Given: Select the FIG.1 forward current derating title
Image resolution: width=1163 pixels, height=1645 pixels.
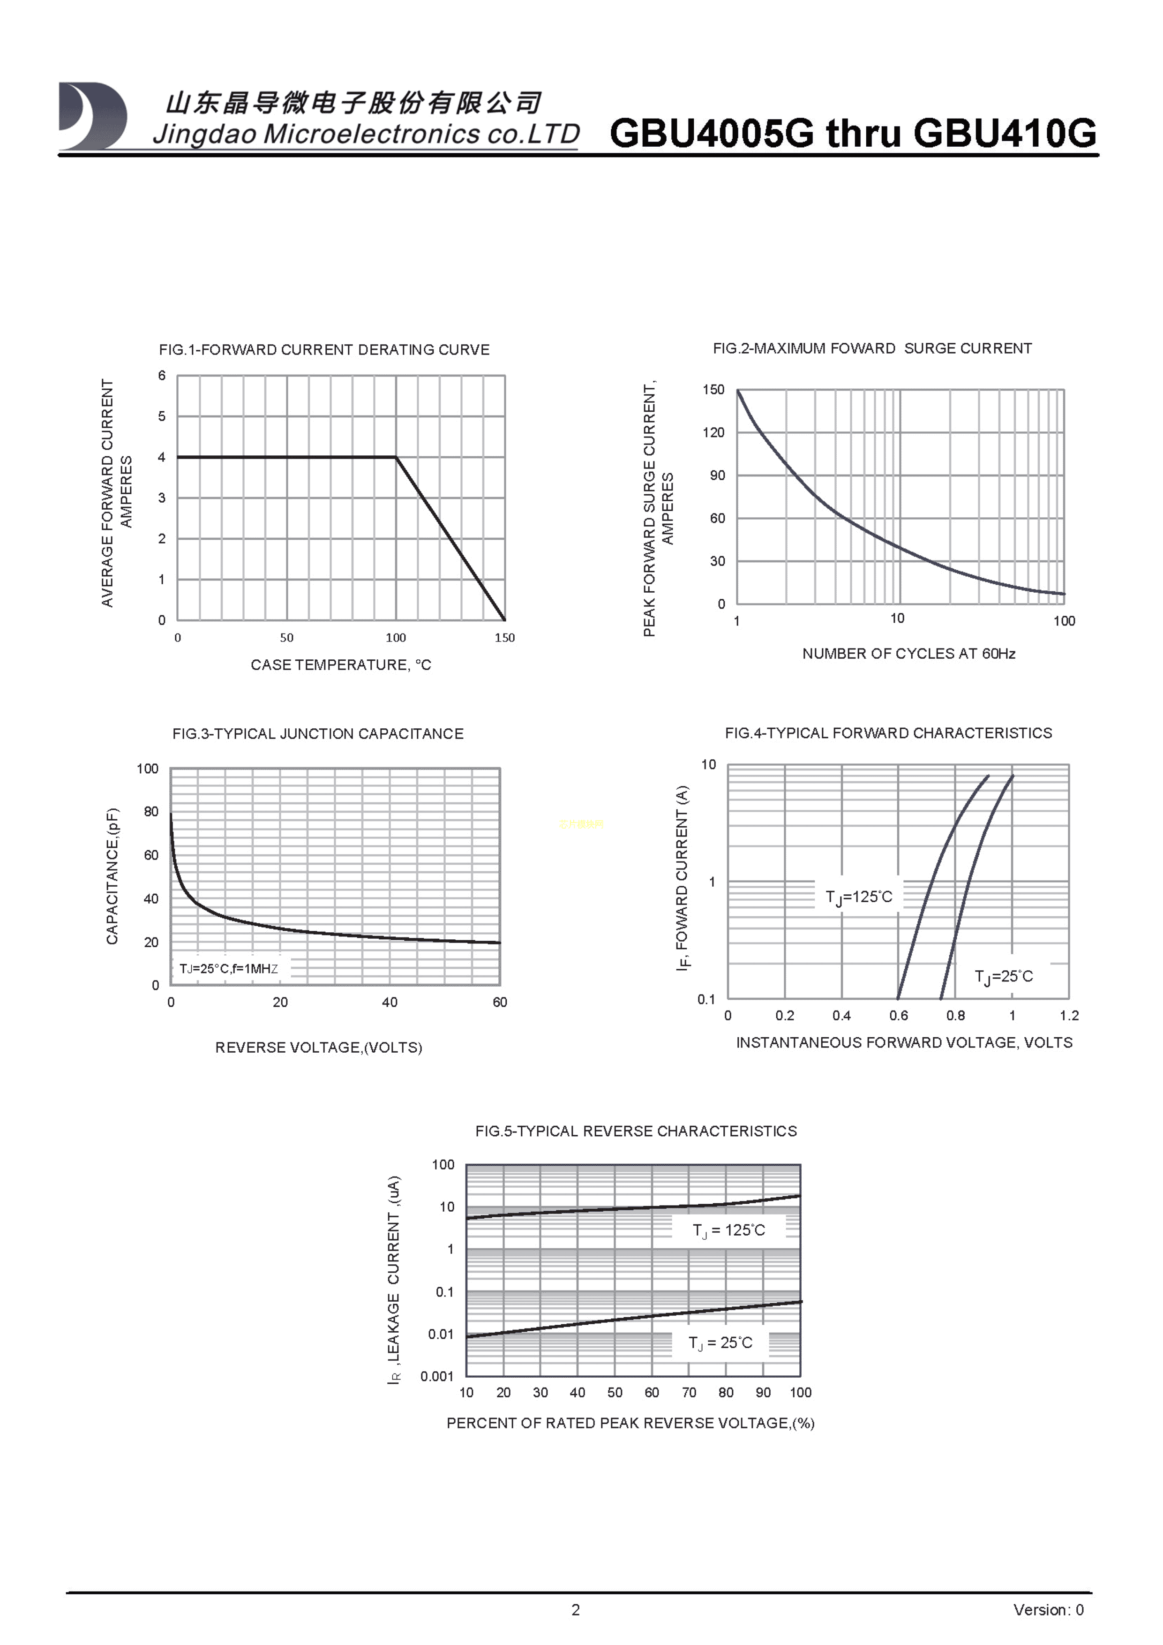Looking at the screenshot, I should (x=324, y=350).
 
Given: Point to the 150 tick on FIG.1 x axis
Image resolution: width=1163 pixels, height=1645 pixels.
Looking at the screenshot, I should (x=504, y=638).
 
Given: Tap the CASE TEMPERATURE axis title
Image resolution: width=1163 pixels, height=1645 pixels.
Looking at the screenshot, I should (x=341, y=665).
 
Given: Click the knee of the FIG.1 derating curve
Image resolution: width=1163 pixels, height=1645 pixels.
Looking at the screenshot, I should (x=396, y=457).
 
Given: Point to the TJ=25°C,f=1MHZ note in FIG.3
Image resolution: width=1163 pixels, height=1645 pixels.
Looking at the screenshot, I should (x=228, y=969).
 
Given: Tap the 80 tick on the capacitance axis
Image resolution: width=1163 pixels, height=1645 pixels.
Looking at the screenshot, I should (x=151, y=812).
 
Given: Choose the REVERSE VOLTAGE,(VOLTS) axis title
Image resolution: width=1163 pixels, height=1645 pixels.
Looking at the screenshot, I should (x=319, y=1048).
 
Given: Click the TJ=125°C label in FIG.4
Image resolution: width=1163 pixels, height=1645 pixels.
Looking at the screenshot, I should (x=859, y=897).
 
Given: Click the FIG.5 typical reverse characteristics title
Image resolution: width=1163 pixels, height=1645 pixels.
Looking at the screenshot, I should (x=636, y=1132).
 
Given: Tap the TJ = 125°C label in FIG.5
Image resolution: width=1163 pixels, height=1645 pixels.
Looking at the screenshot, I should (x=728, y=1230).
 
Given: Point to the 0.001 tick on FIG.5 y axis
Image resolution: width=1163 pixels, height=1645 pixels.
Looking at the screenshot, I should (x=437, y=1376).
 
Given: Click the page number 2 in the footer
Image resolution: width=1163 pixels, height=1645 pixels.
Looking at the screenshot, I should (x=576, y=1610).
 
